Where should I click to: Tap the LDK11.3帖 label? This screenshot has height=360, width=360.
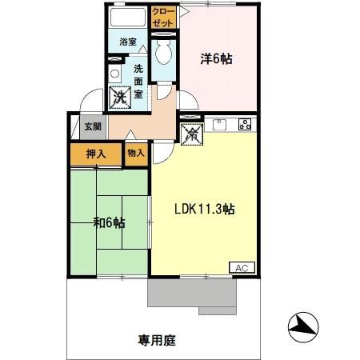(x=205, y=209)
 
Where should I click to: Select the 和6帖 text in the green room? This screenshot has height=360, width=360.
(x=108, y=222)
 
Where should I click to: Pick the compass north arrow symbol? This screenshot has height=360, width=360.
(x=302, y=323)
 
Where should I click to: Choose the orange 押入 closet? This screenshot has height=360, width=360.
(x=97, y=154)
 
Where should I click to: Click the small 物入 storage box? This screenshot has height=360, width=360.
(x=136, y=152)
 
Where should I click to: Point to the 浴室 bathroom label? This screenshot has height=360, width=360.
(x=127, y=41)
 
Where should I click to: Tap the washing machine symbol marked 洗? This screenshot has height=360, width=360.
(x=120, y=98)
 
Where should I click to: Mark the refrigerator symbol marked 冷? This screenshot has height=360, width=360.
(x=192, y=134)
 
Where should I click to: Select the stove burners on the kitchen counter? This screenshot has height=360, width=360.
(x=244, y=124)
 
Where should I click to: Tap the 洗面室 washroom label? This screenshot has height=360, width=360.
(x=139, y=79)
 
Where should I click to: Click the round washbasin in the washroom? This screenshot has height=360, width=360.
(x=114, y=73)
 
